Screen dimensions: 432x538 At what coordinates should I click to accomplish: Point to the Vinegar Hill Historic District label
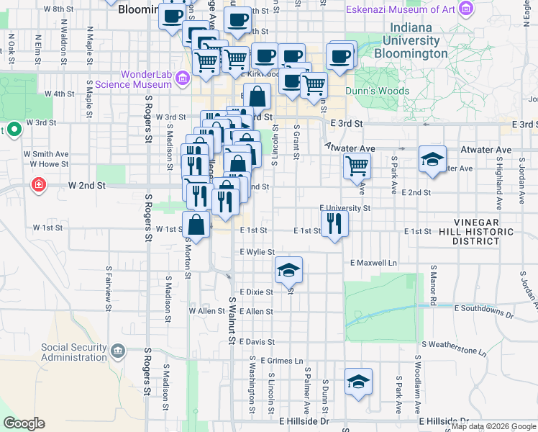pos(484,231)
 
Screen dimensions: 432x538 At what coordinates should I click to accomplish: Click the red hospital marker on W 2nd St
pos(37,186)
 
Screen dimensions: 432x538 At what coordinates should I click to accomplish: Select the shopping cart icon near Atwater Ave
pos(357,166)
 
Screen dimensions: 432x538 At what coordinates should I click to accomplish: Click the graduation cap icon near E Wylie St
pos(288,270)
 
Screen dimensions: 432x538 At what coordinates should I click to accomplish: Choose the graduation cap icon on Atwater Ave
pos(432,159)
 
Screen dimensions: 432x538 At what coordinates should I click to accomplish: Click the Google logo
pos(24,423)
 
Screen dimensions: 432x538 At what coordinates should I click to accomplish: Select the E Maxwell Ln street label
pos(374,263)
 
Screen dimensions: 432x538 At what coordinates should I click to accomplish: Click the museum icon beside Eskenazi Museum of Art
pos(467,9)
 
